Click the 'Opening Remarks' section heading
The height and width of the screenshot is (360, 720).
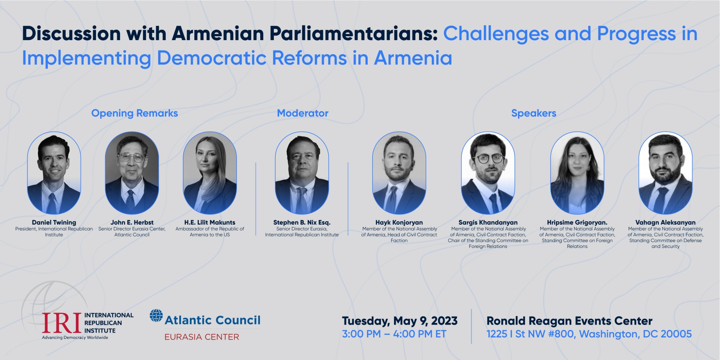click(135, 113)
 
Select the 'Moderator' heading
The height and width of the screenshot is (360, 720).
click(303, 113)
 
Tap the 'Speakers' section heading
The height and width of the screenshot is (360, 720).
click(534, 113)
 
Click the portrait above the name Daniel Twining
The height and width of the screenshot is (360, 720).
click(54, 173)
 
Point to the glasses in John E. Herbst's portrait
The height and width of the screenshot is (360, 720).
click(132, 158)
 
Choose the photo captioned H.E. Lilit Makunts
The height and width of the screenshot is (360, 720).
click(210, 173)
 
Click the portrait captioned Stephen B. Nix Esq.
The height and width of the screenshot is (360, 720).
click(302, 173)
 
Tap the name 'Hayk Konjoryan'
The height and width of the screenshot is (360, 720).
click(399, 223)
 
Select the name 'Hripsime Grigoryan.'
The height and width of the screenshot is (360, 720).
click(577, 223)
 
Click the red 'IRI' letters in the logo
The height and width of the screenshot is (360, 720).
click(62, 323)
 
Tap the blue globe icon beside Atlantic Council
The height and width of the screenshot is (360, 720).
click(156, 315)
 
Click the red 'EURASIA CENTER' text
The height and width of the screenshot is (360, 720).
click(202, 337)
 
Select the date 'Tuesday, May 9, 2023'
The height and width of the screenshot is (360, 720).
click(400, 321)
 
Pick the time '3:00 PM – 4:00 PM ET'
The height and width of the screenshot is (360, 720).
click(394, 334)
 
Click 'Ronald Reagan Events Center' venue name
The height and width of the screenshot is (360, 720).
click(570, 321)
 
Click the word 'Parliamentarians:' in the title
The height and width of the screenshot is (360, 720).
click(304, 34)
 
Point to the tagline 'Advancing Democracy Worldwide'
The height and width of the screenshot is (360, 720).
click(75, 337)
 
